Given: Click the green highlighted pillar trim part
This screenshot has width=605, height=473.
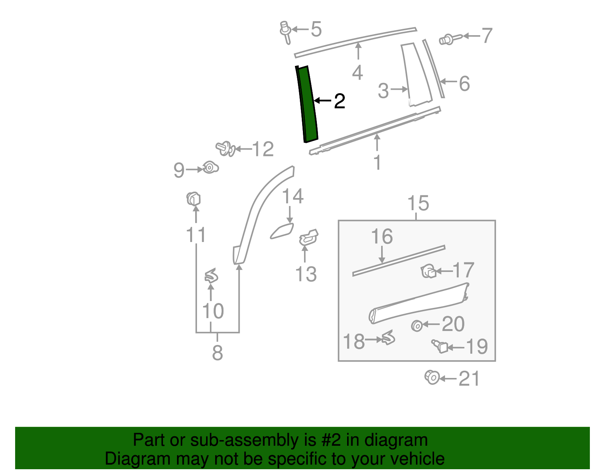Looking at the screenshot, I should click(307, 104).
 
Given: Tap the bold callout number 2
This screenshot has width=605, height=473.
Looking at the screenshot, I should click(339, 101).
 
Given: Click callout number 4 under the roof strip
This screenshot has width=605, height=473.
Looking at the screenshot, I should click(357, 72).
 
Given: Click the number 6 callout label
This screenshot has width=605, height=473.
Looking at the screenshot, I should click(464, 84).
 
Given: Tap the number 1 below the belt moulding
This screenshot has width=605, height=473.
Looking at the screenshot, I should click(377, 162).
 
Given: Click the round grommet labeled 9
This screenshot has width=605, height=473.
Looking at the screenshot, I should click(210, 167).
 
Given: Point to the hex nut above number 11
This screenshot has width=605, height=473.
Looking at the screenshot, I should click(194, 199).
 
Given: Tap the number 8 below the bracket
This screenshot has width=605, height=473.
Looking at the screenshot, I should click(217, 353).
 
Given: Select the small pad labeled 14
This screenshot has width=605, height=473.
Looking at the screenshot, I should click(282, 231).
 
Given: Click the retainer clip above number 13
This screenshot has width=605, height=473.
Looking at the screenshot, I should click(309, 237).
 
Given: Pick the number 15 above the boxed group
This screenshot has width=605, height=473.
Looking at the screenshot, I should click(418, 203).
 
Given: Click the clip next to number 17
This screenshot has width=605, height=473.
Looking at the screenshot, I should click(428, 271).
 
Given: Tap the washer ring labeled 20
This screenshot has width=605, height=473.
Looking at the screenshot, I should click(417, 326).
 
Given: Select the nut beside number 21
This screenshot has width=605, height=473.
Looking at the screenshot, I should click(432, 378).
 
